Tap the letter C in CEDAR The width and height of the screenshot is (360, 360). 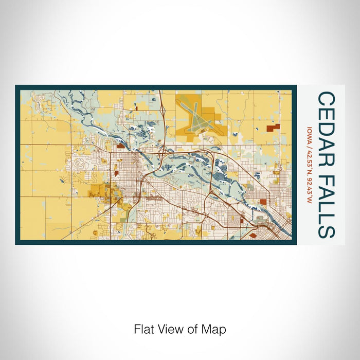click(325, 99)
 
